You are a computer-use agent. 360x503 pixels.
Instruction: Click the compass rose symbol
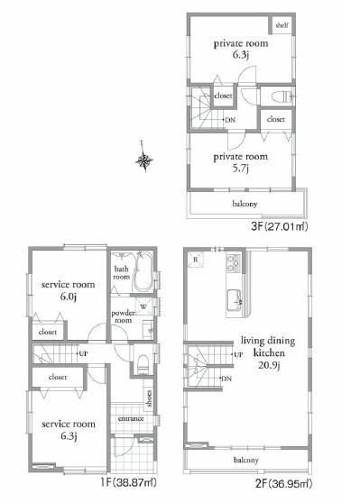click(x=144, y=160)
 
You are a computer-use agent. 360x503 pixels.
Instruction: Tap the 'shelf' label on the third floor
click(x=281, y=26)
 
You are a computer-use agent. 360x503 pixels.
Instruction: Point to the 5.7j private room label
click(x=239, y=160)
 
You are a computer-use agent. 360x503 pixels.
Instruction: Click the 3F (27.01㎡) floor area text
click(x=277, y=226)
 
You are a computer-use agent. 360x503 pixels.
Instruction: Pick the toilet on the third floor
click(x=272, y=96)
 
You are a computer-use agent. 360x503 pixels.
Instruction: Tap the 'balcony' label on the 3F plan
click(x=245, y=204)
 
